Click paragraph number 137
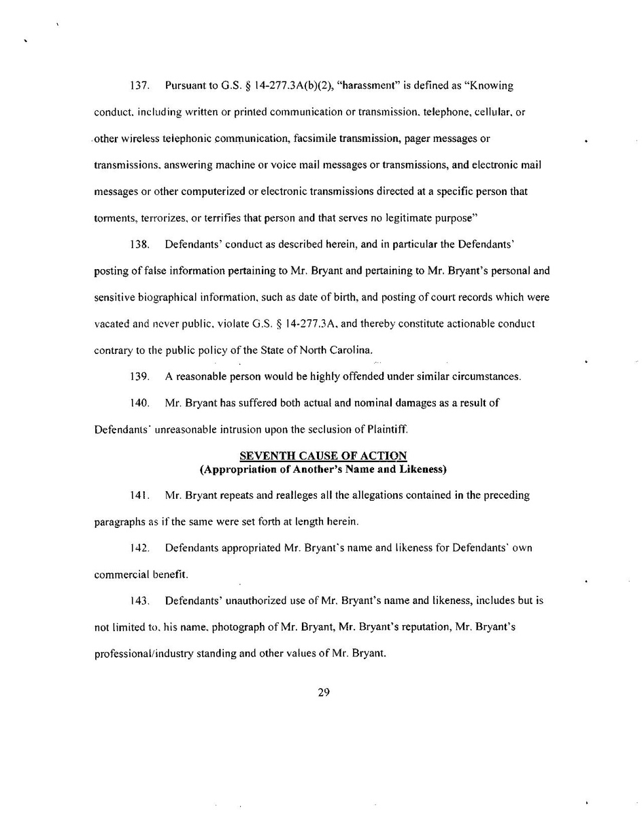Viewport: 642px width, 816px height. click(x=139, y=86)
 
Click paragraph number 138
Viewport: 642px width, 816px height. click(x=139, y=245)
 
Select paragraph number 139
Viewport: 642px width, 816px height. click(x=139, y=377)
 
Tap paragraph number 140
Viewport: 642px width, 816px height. click(x=139, y=403)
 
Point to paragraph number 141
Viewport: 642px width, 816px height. click(x=139, y=495)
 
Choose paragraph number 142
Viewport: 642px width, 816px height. click(x=139, y=548)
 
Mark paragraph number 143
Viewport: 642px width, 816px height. click(x=139, y=601)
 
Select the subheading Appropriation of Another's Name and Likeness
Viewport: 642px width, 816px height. click(x=323, y=469)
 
